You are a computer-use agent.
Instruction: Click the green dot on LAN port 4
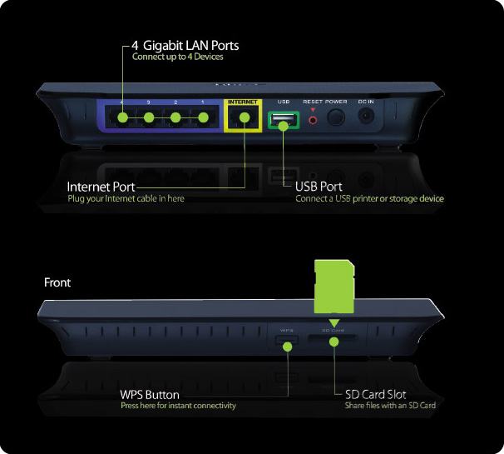click(x=123, y=117)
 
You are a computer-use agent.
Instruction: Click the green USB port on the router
click(x=283, y=121)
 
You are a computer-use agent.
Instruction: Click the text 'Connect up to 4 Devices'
click(x=177, y=57)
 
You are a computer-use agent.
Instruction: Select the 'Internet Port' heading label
click(x=101, y=187)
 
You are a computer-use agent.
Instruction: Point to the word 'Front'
click(x=57, y=282)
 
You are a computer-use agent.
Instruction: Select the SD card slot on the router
click(x=334, y=340)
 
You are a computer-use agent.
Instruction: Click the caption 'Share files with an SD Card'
click(x=390, y=406)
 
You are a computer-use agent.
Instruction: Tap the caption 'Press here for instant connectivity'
click(x=178, y=406)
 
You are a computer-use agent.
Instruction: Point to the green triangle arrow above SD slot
click(x=334, y=322)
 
